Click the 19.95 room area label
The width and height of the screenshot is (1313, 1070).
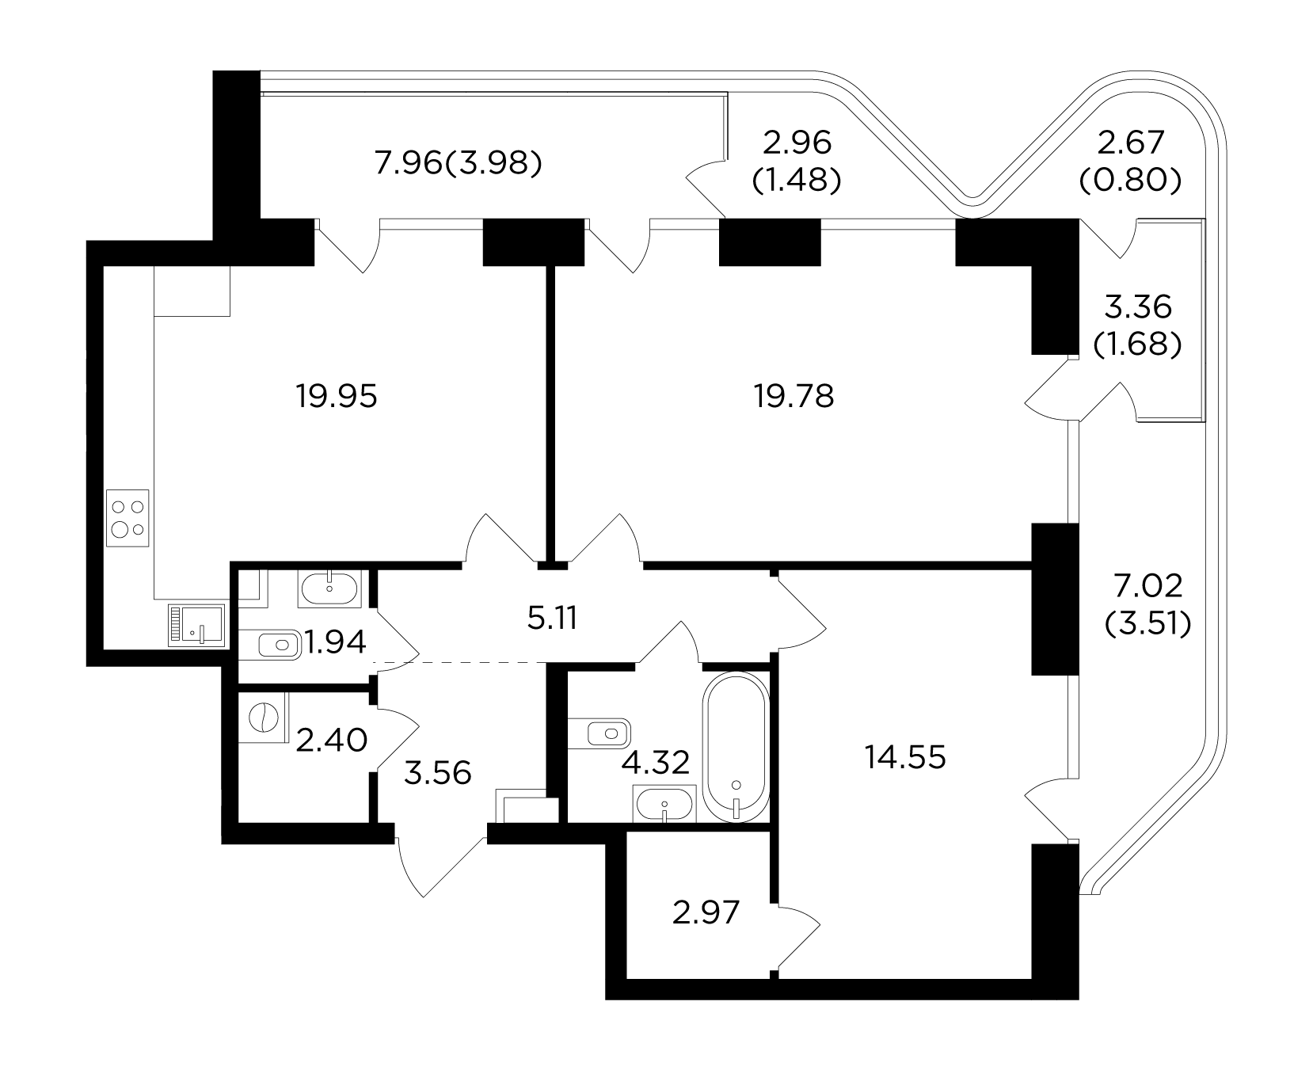click(x=337, y=396)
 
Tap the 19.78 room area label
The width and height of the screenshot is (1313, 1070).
click(x=794, y=396)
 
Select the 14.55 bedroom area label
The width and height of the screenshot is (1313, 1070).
click(x=906, y=758)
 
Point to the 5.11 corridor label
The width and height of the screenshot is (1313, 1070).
click(x=552, y=619)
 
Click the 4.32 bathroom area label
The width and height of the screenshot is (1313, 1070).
click(x=656, y=763)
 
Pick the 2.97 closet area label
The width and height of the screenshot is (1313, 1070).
click(x=706, y=913)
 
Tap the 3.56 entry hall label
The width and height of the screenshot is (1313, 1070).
click(x=437, y=771)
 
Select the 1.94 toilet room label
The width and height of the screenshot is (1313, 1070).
click(x=335, y=643)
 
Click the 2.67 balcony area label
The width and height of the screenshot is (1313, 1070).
click(x=1131, y=143)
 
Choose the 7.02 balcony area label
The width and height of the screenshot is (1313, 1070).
click(x=1148, y=586)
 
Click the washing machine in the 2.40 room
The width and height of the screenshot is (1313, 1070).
click(x=263, y=718)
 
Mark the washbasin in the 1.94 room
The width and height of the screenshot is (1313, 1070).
click(x=329, y=588)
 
